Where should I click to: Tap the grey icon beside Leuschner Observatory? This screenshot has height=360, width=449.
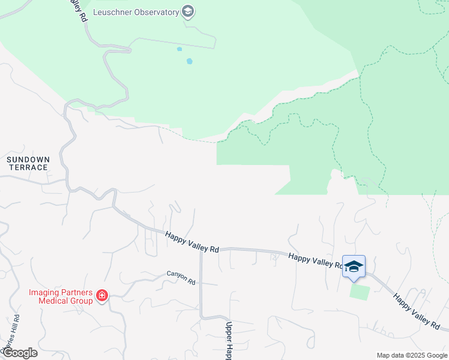[x=188, y=12]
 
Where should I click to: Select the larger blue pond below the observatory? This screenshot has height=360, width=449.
[x=190, y=61]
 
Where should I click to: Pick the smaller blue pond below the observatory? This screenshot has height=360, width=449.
[x=179, y=49]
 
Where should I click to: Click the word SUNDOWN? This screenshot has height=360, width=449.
[x=28, y=160]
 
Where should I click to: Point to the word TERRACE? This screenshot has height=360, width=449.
[x=28, y=167]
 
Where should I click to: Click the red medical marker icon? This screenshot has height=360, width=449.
[x=102, y=296]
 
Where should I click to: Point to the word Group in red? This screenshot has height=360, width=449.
[x=80, y=301]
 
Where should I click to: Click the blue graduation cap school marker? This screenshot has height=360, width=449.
[x=354, y=266]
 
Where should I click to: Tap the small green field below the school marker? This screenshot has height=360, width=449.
[x=360, y=292]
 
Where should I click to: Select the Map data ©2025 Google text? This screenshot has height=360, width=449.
[x=411, y=355]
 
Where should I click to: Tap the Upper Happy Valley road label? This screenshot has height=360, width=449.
[x=229, y=340]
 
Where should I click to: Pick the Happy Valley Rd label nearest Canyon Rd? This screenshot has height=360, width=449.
[x=193, y=243]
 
